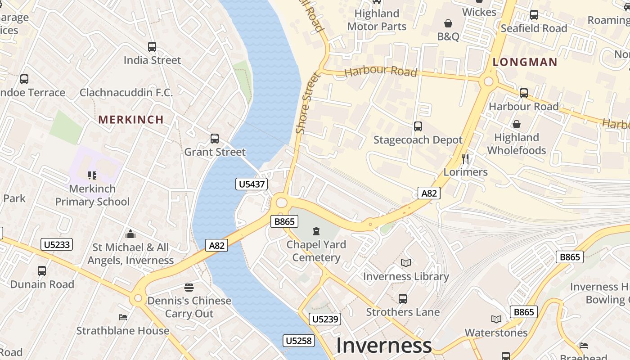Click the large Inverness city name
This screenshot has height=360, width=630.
pyautogui.click(x=384, y=346)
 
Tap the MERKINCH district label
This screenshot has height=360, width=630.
pyautogui.click(x=131, y=120)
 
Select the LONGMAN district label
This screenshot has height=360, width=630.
pyautogui.click(x=525, y=62)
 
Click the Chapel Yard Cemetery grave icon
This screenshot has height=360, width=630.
pyautogui.click(x=316, y=231)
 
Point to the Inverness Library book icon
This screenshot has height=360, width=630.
pyautogui.click(x=406, y=263)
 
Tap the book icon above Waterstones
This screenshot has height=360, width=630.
pyautogui.click(x=496, y=319)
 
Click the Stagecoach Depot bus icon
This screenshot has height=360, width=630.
pyautogui.click(x=418, y=126)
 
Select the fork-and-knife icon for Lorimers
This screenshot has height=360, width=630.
pyautogui.click(x=465, y=159)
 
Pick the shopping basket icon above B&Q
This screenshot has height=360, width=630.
pyautogui.click(x=448, y=23)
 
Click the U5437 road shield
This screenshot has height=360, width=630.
pyautogui.click(x=252, y=184)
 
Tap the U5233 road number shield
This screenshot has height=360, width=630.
pyautogui.click(x=57, y=244)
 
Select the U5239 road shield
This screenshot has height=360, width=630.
pyautogui.click(x=325, y=319)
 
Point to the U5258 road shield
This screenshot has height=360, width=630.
pyautogui.click(x=299, y=341)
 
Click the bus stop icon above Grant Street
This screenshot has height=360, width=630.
pyautogui.click(x=215, y=139)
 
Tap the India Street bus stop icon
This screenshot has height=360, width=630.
pyautogui.click(x=152, y=46)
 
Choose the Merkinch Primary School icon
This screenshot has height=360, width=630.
pyautogui.click(x=92, y=175)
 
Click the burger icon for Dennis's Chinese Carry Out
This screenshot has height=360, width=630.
pyautogui.click(x=189, y=288)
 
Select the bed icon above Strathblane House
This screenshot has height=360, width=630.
pyautogui.click(x=122, y=317)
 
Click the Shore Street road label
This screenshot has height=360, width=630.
pyautogui.click(x=309, y=103)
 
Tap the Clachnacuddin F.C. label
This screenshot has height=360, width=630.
pyautogui.click(x=126, y=93)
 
